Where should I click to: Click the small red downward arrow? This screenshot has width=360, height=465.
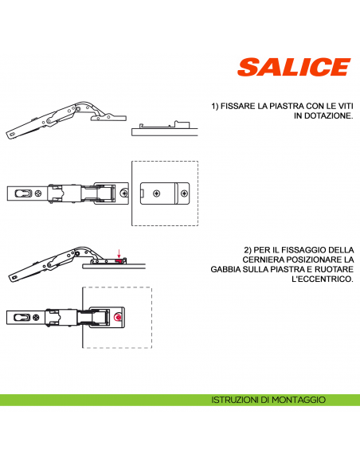(119, 253)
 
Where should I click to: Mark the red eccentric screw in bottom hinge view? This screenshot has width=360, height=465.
(118, 317)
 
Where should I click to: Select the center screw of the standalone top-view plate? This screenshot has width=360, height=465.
(158, 193)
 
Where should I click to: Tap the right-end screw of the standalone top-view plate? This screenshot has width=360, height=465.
(183, 193)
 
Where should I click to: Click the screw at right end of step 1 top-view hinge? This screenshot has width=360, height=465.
(123, 193)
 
